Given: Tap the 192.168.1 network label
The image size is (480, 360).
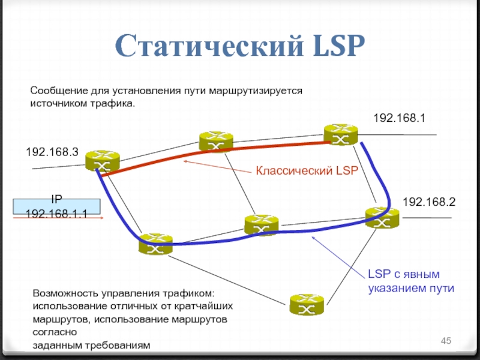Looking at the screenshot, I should pyautogui.click(x=400, y=118).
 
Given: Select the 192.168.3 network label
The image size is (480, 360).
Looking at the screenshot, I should pyautogui.click(x=52, y=153).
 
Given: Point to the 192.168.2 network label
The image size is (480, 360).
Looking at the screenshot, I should pyautogui.click(x=429, y=202).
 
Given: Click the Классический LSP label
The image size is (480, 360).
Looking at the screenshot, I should pyautogui.click(x=307, y=171).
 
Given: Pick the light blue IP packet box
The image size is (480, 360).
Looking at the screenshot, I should pyautogui.click(x=57, y=206).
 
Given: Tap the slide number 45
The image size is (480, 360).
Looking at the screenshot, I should pyautogui.click(x=446, y=341).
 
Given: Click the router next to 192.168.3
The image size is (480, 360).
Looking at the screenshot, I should pyautogui.click(x=101, y=161).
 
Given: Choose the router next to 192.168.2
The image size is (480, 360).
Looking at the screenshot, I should pyautogui.click(x=382, y=217).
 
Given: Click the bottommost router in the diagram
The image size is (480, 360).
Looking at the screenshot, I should pyautogui.click(x=306, y=305).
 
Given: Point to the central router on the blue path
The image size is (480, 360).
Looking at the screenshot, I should pyautogui.click(x=262, y=224).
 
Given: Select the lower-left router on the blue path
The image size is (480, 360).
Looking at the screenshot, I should pyautogui.click(x=154, y=244).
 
